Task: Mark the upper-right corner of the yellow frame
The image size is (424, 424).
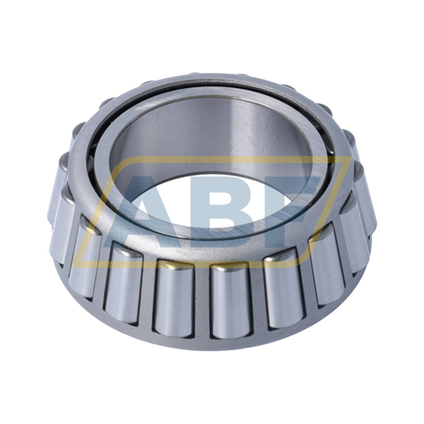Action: (351, 156)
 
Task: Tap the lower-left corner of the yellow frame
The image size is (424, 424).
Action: (73, 267)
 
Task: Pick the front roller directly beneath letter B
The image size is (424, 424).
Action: (231, 301)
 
